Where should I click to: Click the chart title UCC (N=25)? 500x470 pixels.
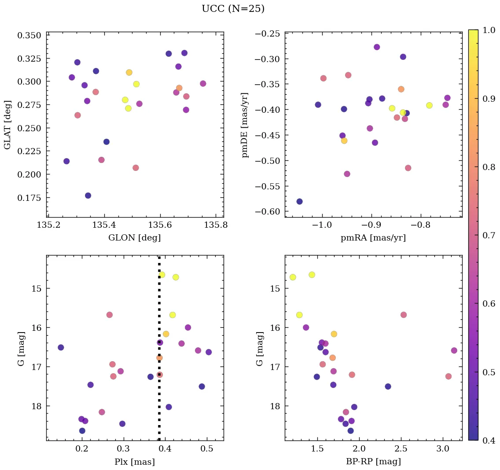click(x=233, y=9)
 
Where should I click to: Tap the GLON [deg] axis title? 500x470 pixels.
click(x=134, y=238)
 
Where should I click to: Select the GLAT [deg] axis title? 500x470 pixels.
click(x=7, y=124)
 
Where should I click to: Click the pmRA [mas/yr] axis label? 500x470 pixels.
click(x=373, y=238)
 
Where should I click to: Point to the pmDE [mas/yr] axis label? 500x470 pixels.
click(x=245, y=125)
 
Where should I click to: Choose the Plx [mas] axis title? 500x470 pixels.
click(x=134, y=462)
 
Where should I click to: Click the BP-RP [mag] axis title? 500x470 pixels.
click(x=373, y=462)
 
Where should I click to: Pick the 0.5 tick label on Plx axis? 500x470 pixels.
click(x=207, y=449)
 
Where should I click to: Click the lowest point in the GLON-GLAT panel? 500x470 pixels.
click(x=88, y=196)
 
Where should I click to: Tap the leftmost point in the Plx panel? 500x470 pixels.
click(x=61, y=348)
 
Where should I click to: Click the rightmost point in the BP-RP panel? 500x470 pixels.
click(x=454, y=351)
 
